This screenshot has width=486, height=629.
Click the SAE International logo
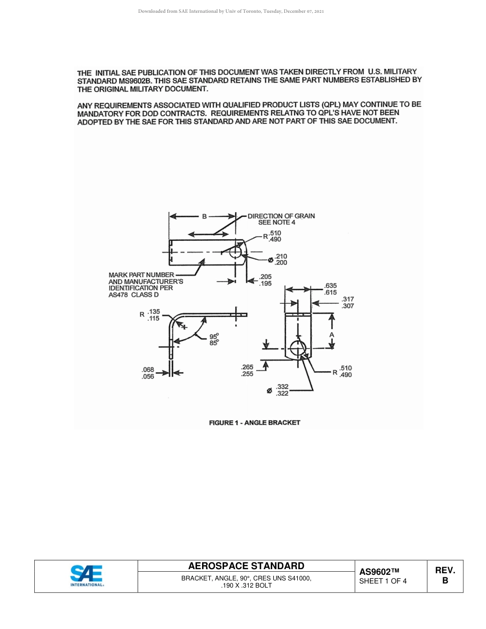point(86,576)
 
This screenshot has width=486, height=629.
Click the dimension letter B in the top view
point(204,216)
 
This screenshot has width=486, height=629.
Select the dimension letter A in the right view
point(332,334)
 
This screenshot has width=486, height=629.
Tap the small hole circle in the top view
point(235,252)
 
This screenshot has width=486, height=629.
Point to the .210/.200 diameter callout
point(281,259)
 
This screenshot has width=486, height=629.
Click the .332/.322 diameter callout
point(282,390)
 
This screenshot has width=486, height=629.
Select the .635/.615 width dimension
point(330,289)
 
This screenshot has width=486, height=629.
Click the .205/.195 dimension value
point(266,280)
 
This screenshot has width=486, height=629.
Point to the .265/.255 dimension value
point(247,370)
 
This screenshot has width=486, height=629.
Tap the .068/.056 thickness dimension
point(148,373)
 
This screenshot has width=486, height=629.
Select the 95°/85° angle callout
point(214,340)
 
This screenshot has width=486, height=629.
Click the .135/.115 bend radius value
point(153,314)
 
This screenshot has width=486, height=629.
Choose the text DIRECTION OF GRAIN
point(281,216)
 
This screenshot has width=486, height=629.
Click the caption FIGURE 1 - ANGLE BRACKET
point(254,422)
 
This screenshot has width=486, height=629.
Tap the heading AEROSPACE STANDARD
point(246,566)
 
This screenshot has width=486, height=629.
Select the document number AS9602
point(379,572)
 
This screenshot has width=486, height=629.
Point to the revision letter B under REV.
point(445,580)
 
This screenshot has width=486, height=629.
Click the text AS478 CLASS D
point(134,295)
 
